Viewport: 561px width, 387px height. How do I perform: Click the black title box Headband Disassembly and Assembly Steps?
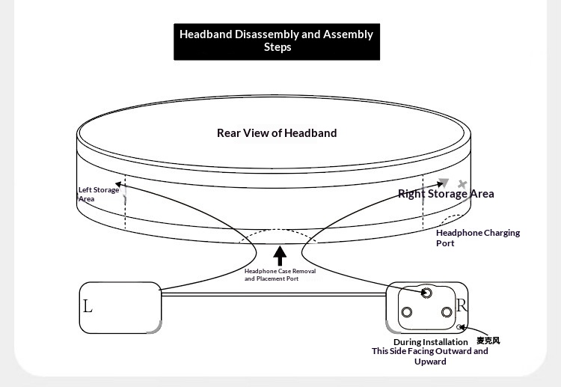(x=277, y=41)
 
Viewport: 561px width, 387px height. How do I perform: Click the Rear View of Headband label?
(x=277, y=133)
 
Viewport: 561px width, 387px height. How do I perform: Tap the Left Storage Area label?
(x=99, y=195)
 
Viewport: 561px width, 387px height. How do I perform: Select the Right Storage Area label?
(x=446, y=194)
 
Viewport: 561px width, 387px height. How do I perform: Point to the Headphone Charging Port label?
(x=478, y=238)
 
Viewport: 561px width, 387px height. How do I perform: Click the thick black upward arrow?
(x=280, y=255)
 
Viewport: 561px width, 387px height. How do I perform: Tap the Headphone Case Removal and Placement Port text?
(x=280, y=275)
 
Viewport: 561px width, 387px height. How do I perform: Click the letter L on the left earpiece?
(x=88, y=306)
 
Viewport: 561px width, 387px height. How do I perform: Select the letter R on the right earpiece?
(x=462, y=305)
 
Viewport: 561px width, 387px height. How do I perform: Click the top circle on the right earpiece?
(x=426, y=293)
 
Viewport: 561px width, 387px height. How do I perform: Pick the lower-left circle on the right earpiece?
(x=406, y=312)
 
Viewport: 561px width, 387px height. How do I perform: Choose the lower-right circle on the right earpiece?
(x=447, y=312)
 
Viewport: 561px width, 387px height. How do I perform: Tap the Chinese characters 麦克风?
(x=488, y=341)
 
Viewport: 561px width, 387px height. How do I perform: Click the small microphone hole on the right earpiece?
(x=459, y=327)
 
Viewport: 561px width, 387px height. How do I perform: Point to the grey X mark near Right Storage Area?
(x=462, y=184)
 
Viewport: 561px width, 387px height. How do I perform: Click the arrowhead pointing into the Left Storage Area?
(x=118, y=185)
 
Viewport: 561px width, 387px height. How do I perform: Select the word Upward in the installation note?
(x=430, y=362)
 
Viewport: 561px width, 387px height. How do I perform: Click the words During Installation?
(x=430, y=342)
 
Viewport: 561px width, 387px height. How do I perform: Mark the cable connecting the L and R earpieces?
(x=274, y=294)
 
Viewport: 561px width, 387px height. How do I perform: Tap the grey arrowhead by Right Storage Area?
(x=444, y=182)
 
